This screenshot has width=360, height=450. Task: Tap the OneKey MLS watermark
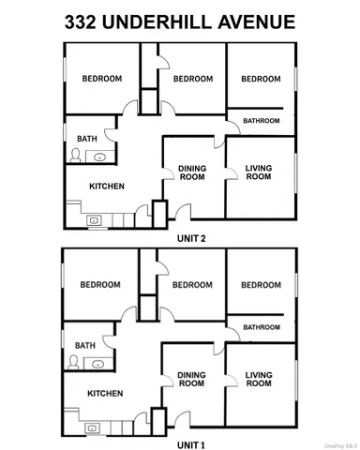click(x=339, y=443)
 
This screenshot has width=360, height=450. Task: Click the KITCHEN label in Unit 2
click(x=107, y=186)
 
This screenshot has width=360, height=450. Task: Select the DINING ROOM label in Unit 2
click(x=192, y=173)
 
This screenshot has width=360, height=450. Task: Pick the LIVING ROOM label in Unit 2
click(x=259, y=172)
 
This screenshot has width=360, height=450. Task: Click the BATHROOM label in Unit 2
click(x=262, y=121)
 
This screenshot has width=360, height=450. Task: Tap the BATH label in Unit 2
click(x=87, y=139)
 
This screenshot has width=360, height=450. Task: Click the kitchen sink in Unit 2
click(x=94, y=220)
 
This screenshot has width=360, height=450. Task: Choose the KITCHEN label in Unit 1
click(x=107, y=393)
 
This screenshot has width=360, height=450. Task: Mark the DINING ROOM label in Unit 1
click(x=191, y=379)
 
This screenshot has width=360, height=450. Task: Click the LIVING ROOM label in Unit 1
click(x=259, y=379)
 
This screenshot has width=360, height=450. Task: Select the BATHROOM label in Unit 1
click(x=262, y=327)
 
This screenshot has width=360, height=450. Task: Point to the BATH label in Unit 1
click(x=85, y=345)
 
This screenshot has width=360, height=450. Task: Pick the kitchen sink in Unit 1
click(x=93, y=427)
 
